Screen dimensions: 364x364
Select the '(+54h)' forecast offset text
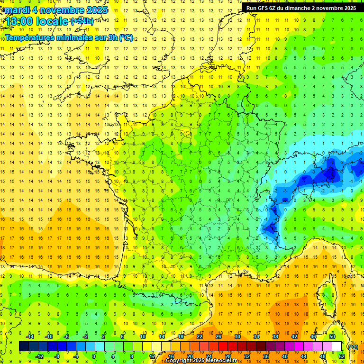point(82,21)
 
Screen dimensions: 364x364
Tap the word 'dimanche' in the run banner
point(297,8)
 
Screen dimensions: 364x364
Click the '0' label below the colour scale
point(93,356)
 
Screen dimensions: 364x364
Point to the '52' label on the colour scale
point(342,356)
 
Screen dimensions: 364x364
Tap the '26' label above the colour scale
point(218,337)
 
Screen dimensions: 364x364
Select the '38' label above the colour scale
point(275,337)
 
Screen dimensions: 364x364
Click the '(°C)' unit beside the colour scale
point(353,346)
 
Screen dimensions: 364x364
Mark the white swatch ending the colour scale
point(337,346)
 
